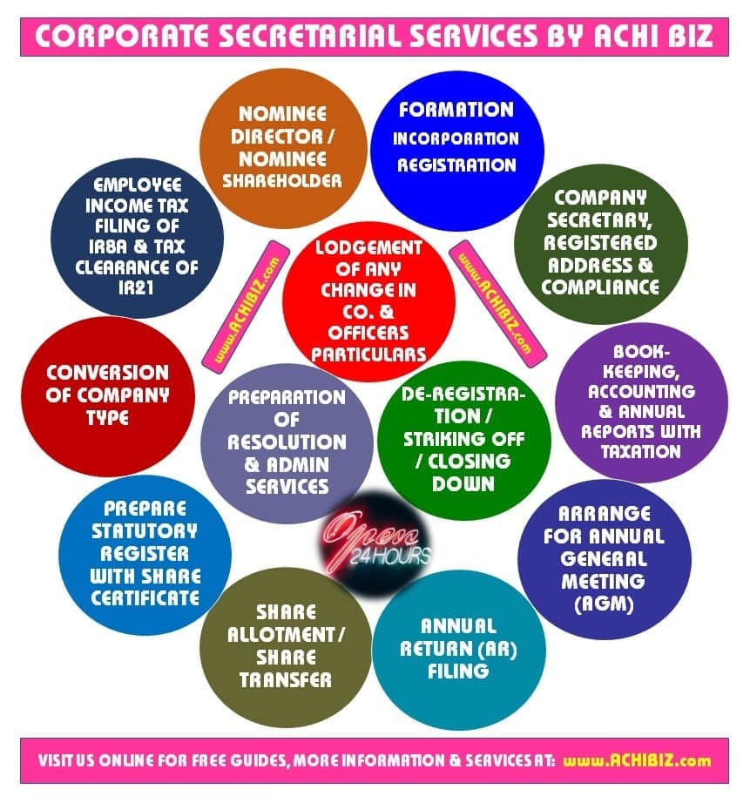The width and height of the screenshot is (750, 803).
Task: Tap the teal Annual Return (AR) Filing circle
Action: coord(458,649)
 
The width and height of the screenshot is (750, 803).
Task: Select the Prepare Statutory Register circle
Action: coord(145,554)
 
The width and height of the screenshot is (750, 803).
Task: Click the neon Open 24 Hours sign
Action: coord(372,541)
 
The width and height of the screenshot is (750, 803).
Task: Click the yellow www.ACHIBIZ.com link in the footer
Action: coord(637,760)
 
